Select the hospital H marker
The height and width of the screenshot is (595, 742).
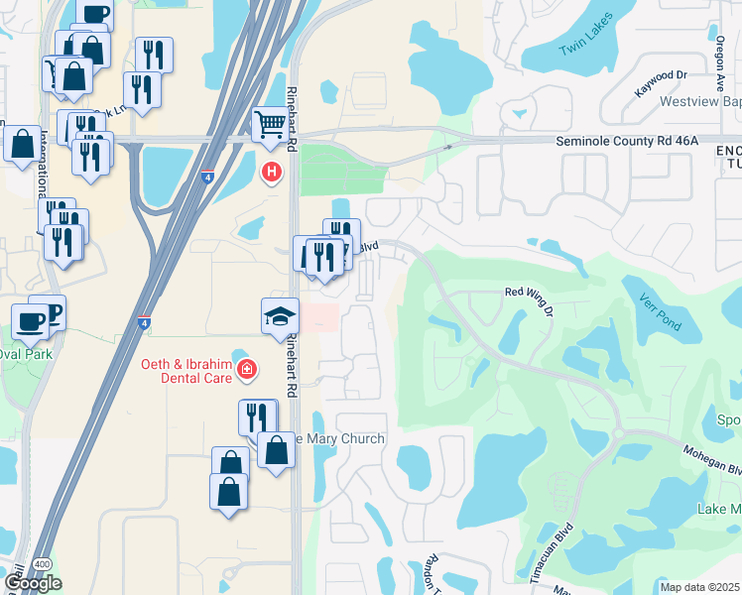[270, 173]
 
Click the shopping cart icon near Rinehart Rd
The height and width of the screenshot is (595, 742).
[270, 125]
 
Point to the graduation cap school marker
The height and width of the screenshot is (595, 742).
[280, 317]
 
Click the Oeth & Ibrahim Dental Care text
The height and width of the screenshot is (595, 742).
[178, 372]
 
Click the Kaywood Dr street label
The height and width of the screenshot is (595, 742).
[661, 75]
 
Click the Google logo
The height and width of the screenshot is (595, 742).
[32, 583]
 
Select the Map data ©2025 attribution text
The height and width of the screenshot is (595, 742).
[699, 587]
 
